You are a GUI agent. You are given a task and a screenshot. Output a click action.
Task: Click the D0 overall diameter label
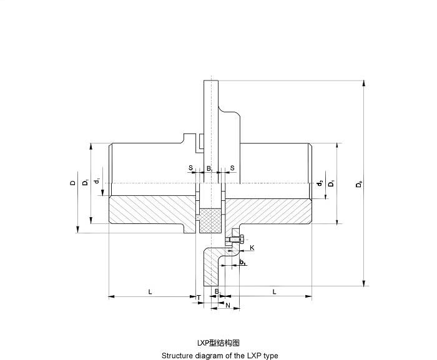click(x=358, y=185)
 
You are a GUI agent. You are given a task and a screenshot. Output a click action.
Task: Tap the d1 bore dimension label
click(x=97, y=182)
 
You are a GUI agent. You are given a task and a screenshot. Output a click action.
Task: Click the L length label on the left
click(x=150, y=291)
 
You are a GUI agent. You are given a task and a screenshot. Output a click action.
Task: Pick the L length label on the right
click(x=275, y=291)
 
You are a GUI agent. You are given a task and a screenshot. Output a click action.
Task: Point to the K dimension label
click(x=252, y=248)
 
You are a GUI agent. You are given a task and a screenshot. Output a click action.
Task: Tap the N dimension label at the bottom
click(x=228, y=306)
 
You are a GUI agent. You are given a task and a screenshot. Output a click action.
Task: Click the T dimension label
click(x=199, y=298)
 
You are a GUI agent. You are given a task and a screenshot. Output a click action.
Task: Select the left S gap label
click(x=190, y=168)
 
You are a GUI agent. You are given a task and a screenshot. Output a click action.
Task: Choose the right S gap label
click(x=232, y=168)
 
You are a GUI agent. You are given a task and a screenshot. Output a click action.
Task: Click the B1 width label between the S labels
click(x=210, y=168)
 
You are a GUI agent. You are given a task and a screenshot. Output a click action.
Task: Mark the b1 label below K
click(x=242, y=263)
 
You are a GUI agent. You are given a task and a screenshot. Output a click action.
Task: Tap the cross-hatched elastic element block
click(x=210, y=219)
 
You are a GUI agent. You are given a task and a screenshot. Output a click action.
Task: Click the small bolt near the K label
click(x=235, y=238)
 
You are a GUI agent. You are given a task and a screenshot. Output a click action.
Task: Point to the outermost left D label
click(x=72, y=183)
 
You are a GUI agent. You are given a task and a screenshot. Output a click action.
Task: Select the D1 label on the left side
click(x=84, y=183)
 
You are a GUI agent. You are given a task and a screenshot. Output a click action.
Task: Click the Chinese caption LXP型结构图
click(x=219, y=343)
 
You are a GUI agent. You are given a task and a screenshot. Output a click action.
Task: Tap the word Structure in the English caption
click(x=177, y=355)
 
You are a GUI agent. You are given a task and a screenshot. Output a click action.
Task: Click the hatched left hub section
click(x=150, y=211)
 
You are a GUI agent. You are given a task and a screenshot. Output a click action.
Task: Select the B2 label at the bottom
click(x=217, y=291)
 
